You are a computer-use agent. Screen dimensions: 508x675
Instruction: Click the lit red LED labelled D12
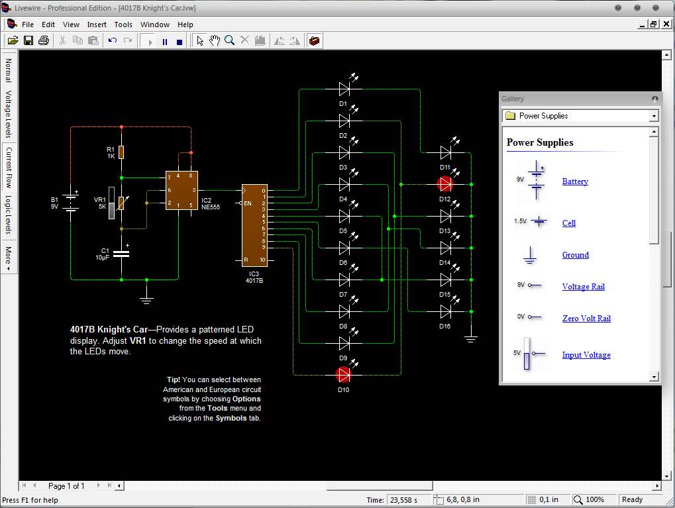point(445,184)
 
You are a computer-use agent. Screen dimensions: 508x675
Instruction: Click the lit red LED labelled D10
point(343,375)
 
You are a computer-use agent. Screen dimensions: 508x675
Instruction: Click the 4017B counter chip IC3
point(254,224)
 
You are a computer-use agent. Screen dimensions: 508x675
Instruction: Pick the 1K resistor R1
point(121,152)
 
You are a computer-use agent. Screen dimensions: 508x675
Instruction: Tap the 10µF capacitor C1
point(121,253)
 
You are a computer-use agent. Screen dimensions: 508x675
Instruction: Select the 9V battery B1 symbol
point(72,203)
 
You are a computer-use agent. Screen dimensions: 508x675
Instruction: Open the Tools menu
point(123,25)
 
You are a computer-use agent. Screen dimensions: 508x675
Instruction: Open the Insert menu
point(97,25)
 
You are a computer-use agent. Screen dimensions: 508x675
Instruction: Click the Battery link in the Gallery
point(575,181)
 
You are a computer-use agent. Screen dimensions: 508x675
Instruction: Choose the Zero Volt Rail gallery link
point(586,319)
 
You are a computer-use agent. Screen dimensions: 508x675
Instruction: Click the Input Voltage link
point(586,355)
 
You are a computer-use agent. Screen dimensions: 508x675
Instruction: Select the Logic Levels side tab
point(9,215)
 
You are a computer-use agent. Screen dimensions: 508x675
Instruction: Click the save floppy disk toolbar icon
point(28,41)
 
